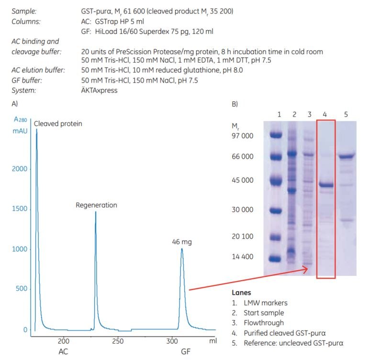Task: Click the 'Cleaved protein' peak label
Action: point(58,123)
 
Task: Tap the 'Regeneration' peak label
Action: point(96,205)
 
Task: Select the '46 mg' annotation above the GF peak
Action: point(182,242)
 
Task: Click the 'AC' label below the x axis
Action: point(63,352)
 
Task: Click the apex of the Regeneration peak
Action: point(95,212)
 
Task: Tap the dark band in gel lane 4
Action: point(326,185)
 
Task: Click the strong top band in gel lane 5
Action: point(347,155)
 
